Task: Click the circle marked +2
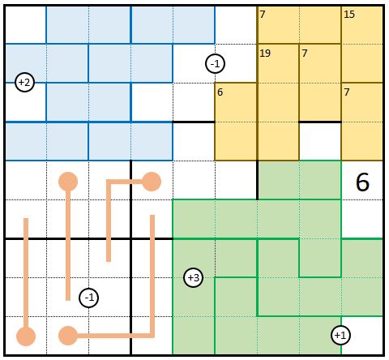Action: tap(25, 82)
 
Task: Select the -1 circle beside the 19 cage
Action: tap(215, 64)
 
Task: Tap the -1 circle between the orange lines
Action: tap(89, 298)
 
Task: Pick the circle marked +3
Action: tap(193, 277)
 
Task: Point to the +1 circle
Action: tap(340, 335)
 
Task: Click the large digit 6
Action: tap(362, 182)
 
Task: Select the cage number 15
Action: tap(349, 14)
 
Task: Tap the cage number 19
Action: tap(265, 53)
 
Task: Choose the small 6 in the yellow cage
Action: tap(220, 92)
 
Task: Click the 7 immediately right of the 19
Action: tap(305, 53)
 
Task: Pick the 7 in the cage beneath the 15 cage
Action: tap(347, 92)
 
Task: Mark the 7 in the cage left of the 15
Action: tap(263, 14)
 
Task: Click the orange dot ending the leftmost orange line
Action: tap(26, 336)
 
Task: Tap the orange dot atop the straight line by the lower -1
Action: tap(68, 182)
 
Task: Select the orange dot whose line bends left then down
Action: tap(152, 182)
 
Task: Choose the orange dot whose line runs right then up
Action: tap(68, 336)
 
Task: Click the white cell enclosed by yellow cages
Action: tap(320, 141)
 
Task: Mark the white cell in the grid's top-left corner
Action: tap(26, 24)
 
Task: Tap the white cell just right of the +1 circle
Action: tap(362, 335)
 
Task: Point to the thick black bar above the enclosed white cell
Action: tap(320, 122)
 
